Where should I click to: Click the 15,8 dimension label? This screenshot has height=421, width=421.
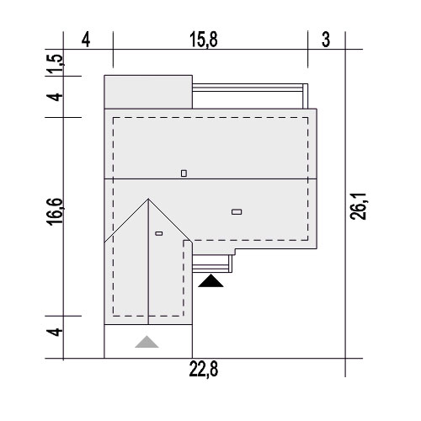coord(204,40)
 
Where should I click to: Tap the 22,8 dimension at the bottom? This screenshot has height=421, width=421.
coord(204,369)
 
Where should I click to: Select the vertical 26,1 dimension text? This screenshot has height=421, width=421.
coord(358,206)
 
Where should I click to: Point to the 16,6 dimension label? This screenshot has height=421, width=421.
coord(55,212)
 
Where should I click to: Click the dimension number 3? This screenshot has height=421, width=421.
coord(326,40)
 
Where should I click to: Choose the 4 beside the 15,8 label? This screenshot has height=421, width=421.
coord(86,40)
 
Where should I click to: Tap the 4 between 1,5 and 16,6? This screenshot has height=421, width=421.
coord(55,97)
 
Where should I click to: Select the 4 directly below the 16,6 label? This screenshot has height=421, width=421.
coord(55,332)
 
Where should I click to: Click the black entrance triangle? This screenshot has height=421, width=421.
coord(210,281)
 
